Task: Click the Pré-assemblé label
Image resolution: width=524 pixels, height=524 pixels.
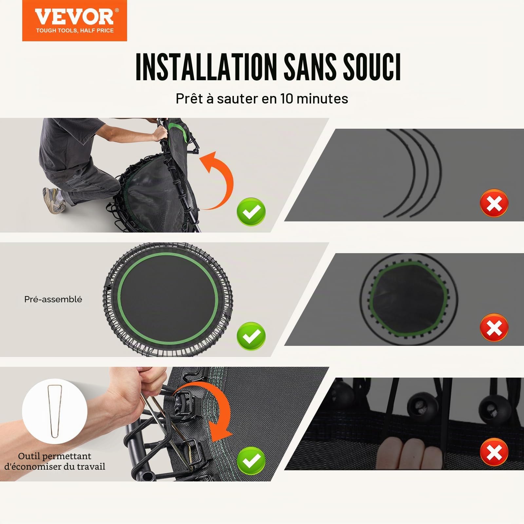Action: pyautogui.click(x=53, y=299)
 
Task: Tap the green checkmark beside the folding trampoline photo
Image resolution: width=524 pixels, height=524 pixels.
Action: pyautogui.click(x=251, y=212)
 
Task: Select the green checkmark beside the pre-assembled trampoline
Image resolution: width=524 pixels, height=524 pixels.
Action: pyautogui.click(x=251, y=336)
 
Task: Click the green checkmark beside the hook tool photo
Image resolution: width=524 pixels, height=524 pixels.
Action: pyautogui.click(x=251, y=460)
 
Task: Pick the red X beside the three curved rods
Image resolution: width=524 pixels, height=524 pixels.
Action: pyautogui.click(x=494, y=203)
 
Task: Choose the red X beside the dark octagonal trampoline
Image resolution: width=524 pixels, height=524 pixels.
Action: pyautogui.click(x=494, y=327)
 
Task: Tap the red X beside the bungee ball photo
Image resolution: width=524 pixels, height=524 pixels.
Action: pyautogui.click(x=494, y=452)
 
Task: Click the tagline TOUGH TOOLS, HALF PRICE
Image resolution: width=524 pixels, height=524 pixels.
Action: pyautogui.click(x=75, y=30)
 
